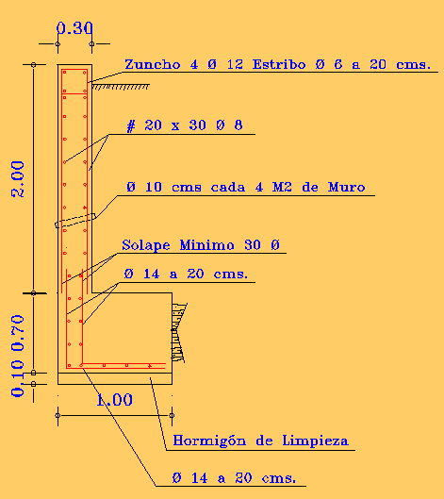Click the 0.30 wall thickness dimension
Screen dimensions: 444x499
click(x=74, y=28)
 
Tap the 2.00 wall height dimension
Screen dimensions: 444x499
click(x=18, y=179)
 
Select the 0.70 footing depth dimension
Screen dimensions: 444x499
click(x=18, y=333)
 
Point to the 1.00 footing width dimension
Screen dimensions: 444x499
click(x=114, y=400)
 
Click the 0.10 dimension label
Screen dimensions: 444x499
click(x=18, y=378)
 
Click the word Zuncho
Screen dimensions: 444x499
click(x=153, y=64)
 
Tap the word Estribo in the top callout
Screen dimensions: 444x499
click(x=279, y=64)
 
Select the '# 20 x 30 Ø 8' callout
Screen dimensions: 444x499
click(x=185, y=125)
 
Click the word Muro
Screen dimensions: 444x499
click(x=346, y=187)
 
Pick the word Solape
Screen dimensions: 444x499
click(x=146, y=245)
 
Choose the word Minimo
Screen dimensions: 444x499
click(x=206, y=245)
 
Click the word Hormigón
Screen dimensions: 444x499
click(x=209, y=441)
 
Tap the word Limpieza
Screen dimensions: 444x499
click(x=315, y=441)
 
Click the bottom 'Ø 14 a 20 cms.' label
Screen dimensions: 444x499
click(x=234, y=478)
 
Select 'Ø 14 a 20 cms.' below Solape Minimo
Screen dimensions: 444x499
click(x=186, y=274)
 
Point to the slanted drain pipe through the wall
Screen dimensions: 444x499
click(x=75, y=221)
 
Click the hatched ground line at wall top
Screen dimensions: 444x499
click(x=121, y=86)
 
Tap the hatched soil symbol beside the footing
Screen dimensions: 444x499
click(x=179, y=332)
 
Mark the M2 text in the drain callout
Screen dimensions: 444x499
click(x=282, y=187)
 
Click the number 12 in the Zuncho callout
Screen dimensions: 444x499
click(x=235, y=64)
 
